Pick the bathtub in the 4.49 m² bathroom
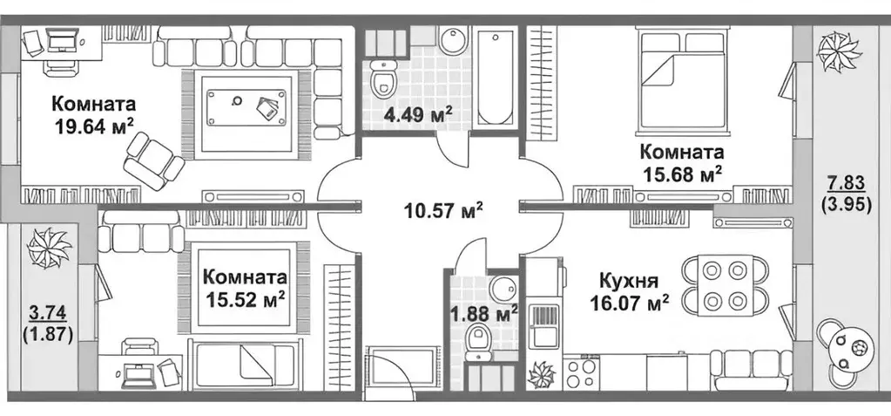coord(495,76)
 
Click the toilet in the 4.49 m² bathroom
coord(383,82)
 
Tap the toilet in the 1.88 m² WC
coord(477,341)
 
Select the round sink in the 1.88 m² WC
coord(501,288)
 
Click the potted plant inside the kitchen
coord(541,374)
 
